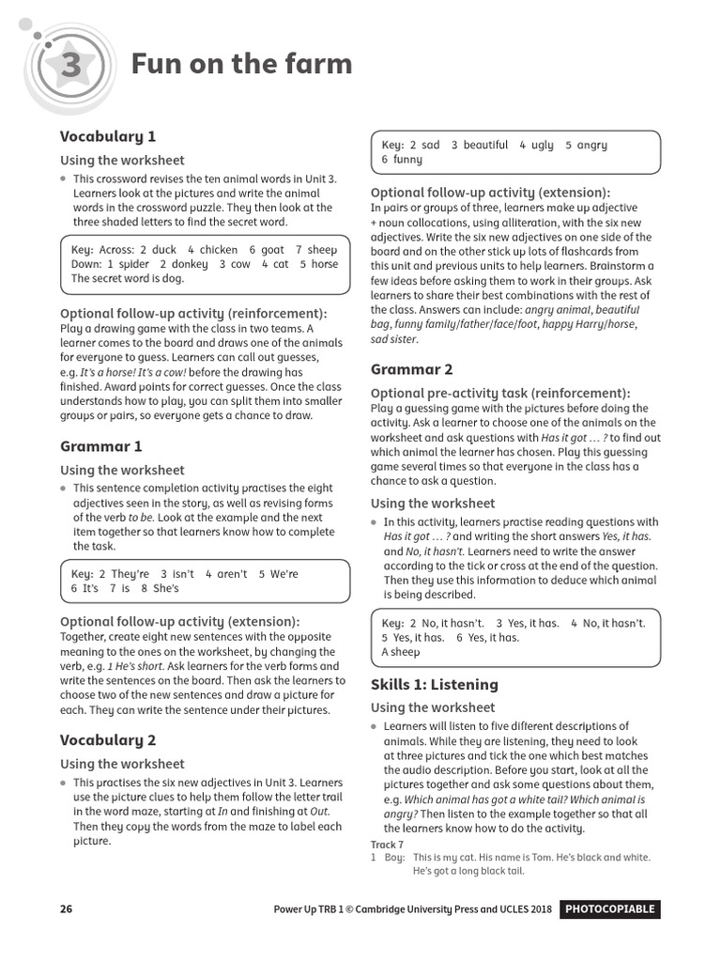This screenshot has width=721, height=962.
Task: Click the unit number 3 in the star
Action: tap(72, 66)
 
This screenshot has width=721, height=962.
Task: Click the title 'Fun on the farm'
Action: tap(241, 64)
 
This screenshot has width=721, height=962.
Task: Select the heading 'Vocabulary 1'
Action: tap(108, 136)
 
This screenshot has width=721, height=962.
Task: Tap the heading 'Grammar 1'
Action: tap(101, 446)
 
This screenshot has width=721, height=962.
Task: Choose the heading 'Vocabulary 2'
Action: tap(108, 740)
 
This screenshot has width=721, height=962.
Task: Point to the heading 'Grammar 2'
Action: tap(411, 369)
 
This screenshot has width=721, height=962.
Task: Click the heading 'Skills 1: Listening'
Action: tap(434, 684)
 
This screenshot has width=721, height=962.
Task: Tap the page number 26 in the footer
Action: tap(66, 909)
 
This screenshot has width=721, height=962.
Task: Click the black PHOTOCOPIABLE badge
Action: tap(609, 909)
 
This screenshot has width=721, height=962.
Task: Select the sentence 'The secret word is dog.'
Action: tap(127, 278)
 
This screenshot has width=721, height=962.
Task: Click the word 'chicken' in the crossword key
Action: tap(219, 250)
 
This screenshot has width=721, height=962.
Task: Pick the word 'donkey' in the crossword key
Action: tap(190, 264)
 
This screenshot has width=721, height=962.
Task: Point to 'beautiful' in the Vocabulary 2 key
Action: tap(485, 146)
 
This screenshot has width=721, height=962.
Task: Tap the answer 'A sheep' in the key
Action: tap(401, 652)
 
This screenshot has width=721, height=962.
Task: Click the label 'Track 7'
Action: tap(387, 845)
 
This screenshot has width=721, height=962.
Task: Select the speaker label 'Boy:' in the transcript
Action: tap(394, 858)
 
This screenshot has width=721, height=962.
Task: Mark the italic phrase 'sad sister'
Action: tap(393, 339)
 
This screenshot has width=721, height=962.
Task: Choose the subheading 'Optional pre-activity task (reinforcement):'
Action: tap(500, 393)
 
